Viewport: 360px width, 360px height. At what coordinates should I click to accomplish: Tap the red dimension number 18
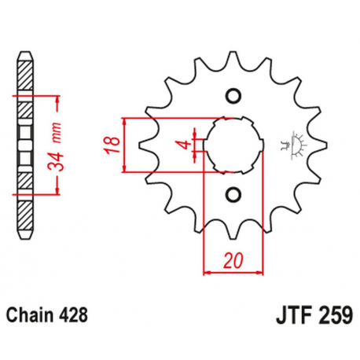coord(113,145)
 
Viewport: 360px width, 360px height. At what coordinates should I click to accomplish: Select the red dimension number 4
coord(182,144)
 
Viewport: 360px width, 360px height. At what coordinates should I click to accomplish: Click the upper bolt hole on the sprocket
coord(232,97)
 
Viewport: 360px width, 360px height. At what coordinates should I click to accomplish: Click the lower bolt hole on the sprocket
coord(232,193)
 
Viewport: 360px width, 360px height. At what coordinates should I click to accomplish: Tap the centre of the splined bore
coord(232,145)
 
